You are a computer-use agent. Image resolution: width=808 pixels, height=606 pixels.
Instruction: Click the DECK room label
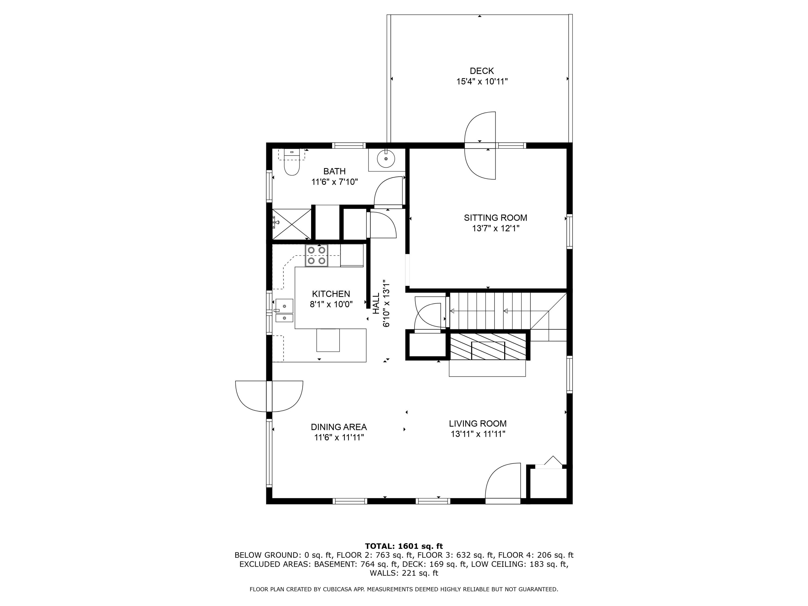[482, 71]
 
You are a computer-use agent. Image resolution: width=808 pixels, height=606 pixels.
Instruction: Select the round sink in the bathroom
[386, 159]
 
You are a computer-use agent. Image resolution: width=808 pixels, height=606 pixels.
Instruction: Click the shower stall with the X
[291, 224]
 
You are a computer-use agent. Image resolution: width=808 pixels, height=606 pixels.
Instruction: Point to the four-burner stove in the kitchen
[316, 255]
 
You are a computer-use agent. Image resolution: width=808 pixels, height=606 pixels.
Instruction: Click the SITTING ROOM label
[495, 218]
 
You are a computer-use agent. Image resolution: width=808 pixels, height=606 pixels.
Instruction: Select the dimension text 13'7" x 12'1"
[495, 229]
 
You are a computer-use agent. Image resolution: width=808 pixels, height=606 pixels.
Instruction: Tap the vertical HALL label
[376, 303]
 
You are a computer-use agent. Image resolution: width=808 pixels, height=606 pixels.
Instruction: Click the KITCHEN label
[331, 294]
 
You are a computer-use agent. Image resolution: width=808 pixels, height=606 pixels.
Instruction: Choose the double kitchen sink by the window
[284, 311]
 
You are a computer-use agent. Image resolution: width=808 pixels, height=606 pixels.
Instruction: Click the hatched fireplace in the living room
[488, 346]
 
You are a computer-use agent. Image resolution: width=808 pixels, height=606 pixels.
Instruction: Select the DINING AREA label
[339, 427]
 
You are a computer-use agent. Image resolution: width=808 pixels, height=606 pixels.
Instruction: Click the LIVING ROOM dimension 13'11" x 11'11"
[478, 434]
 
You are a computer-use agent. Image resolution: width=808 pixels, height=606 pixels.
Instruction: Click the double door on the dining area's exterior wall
[269, 396]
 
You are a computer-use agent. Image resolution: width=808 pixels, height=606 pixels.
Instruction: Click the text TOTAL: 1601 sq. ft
[404, 546]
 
